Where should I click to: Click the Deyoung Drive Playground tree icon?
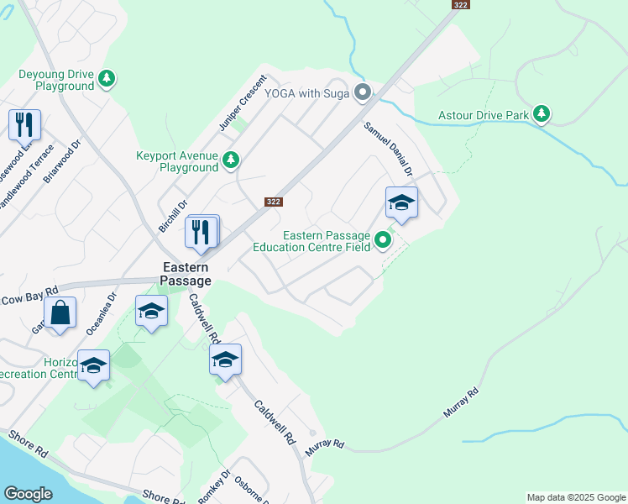(107, 79)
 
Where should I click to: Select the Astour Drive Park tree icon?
(542, 113)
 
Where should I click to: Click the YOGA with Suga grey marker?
(363, 92)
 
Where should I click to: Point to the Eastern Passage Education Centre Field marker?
(383, 241)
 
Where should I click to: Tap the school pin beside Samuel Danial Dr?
(402, 202)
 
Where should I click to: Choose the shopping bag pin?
(61, 312)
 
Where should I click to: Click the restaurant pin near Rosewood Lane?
(24, 125)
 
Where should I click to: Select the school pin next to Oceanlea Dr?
(151, 312)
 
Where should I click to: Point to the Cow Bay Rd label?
(30, 295)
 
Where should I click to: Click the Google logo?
(29, 494)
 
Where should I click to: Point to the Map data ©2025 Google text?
(575, 497)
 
